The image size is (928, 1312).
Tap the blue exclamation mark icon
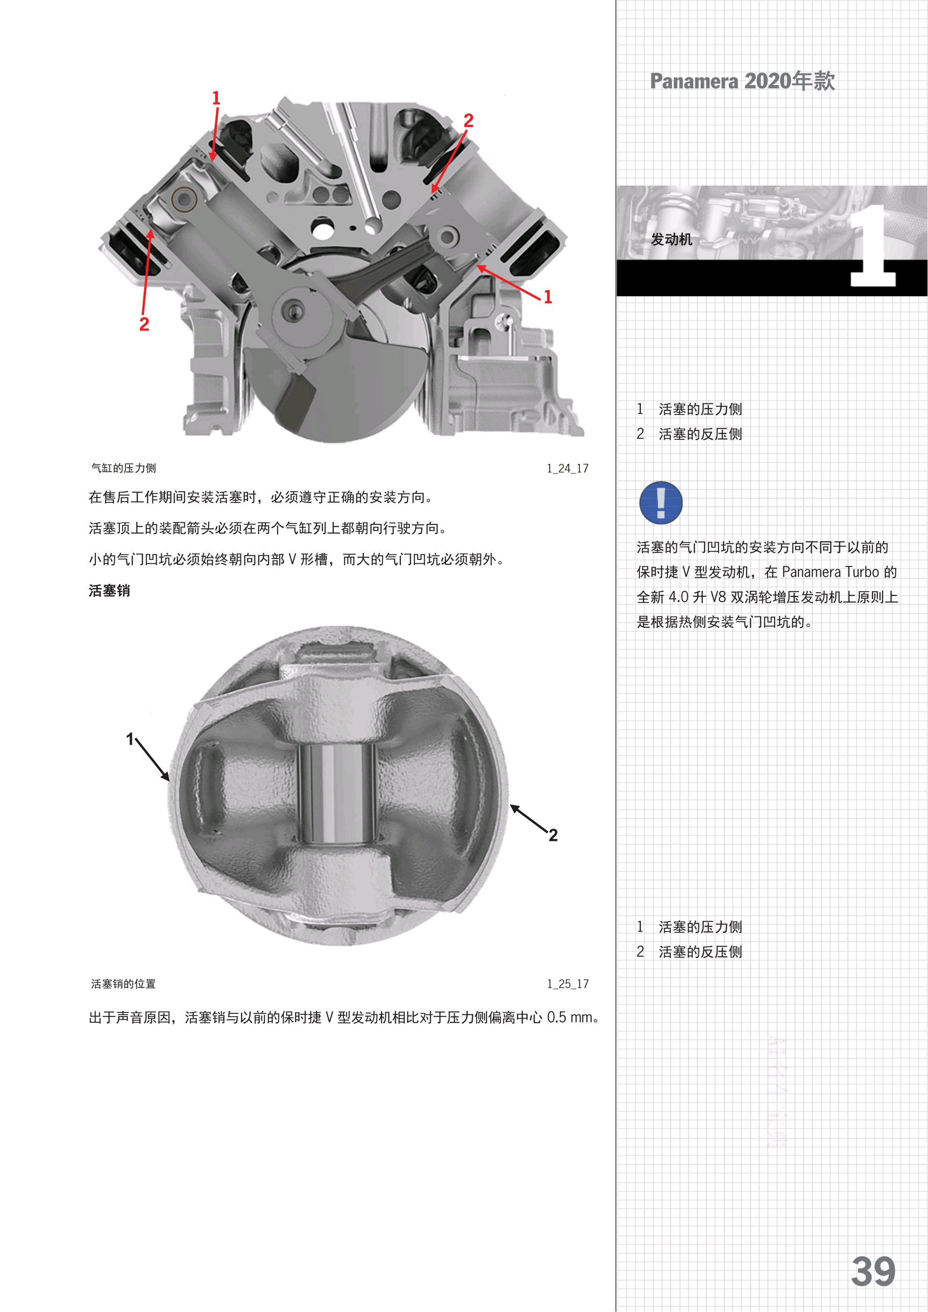click(660, 503)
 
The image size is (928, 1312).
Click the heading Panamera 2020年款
click(742, 81)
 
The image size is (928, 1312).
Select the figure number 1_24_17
click(567, 468)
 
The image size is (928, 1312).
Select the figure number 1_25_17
click(567, 984)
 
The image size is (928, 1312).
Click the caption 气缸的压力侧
click(123, 468)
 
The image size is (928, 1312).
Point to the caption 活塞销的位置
click(123, 983)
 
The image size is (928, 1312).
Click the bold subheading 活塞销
click(109, 590)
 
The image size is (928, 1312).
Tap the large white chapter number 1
click(872, 246)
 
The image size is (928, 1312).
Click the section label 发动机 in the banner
click(671, 239)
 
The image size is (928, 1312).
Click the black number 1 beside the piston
click(130, 739)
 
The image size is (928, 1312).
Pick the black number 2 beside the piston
click(553, 835)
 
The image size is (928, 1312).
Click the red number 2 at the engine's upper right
click(468, 121)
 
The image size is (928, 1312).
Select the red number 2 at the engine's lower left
click(144, 324)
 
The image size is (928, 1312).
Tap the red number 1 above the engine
click(216, 98)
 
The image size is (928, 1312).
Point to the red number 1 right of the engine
click(548, 297)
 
